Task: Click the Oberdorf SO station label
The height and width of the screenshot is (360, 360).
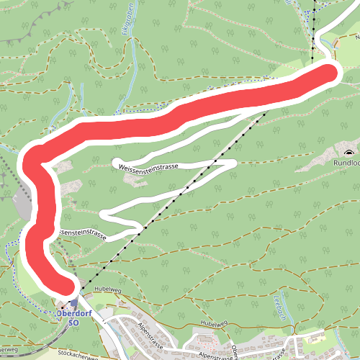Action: [68, 318]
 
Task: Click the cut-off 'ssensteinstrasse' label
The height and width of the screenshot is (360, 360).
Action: [81, 234]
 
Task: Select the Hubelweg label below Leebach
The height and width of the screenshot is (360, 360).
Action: [215, 323]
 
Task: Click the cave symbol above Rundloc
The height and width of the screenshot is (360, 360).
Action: [349, 152]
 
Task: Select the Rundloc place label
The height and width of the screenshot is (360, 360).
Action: [346, 163]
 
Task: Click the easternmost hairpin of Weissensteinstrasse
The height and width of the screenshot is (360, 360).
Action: [234, 164]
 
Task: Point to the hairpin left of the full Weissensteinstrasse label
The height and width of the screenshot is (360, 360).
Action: [116, 161]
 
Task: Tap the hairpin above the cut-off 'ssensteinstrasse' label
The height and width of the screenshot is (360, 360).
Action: [105, 215]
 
